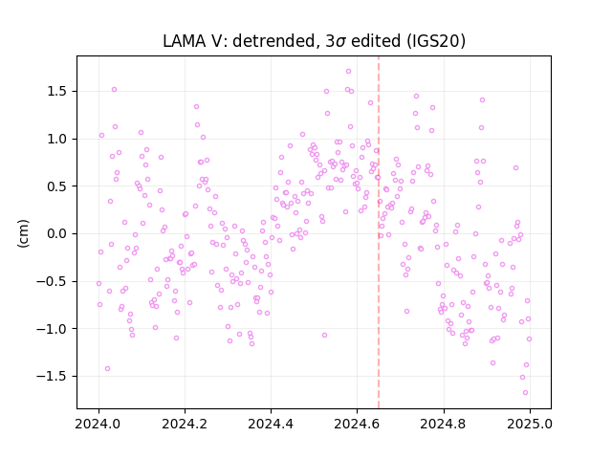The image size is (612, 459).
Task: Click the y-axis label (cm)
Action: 23,233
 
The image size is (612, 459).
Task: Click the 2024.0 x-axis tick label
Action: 98,424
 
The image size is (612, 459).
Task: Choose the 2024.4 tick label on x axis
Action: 271,424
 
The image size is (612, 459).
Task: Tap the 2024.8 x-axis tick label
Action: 444,424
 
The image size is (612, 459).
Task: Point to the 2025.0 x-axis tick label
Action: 530,424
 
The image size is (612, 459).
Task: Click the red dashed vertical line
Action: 379,232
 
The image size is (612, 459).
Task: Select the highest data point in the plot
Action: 348,72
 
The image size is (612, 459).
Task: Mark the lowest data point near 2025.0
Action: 525,393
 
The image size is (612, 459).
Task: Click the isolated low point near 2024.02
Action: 107,369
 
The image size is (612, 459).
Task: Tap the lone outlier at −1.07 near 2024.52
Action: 324,336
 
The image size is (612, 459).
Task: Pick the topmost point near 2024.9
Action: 482,100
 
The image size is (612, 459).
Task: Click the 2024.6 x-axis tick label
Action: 357,424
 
